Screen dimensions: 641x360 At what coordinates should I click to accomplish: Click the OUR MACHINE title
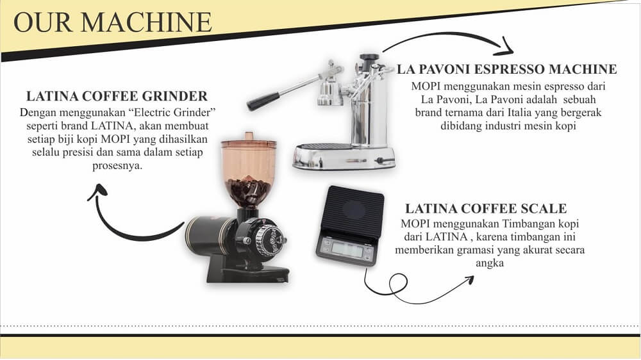coord(113,22)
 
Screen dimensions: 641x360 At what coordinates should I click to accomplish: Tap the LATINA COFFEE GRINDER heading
coord(117,96)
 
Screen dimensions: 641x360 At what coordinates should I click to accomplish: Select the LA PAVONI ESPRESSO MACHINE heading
coord(507,69)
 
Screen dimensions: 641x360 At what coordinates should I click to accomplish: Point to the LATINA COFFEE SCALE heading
coord(486,208)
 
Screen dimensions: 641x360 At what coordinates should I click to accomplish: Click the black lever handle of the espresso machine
coord(263,101)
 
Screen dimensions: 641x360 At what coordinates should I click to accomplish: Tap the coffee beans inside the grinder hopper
coord(248,191)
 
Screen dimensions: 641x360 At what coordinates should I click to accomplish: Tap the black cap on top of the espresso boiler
coord(369,57)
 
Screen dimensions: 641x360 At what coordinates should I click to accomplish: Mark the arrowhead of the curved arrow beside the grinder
coord(98,192)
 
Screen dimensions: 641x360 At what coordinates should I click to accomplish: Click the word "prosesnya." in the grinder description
coord(117,166)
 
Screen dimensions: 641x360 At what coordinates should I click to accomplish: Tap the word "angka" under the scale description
coord(490,263)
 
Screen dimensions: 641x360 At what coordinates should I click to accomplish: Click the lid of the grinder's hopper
coord(249,140)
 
